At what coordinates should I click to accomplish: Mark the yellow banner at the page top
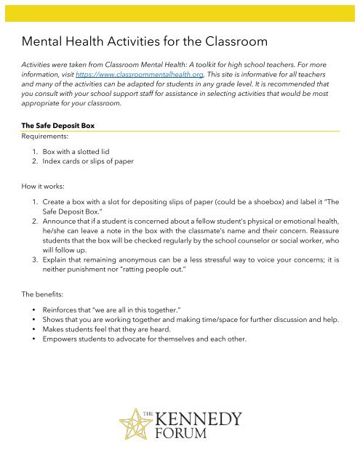[x=180, y=10]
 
